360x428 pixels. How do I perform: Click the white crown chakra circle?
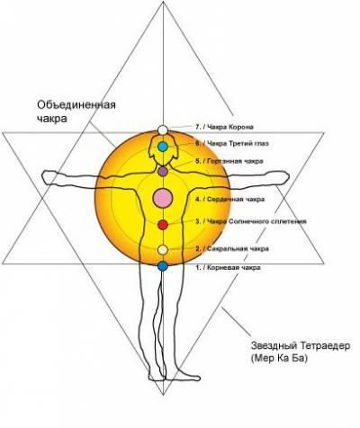pyautogui.click(x=163, y=129)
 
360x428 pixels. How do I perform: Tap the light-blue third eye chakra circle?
pyautogui.click(x=163, y=147)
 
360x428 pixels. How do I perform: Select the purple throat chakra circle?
pyautogui.click(x=163, y=172)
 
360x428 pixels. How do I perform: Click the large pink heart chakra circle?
pyautogui.click(x=163, y=198)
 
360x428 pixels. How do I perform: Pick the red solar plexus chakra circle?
pyautogui.click(x=163, y=225)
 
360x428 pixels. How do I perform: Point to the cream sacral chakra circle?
pyautogui.click(x=163, y=250)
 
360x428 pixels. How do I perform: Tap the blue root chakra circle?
pyautogui.click(x=163, y=266)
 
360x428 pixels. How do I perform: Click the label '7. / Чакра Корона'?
pyautogui.click(x=224, y=127)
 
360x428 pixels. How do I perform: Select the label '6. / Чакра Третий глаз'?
pyautogui.click(x=232, y=144)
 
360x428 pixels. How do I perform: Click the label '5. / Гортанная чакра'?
pyautogui.click(x=229, y=161)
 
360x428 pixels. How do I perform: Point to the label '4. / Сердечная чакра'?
pyautogui.click(x=230, y=200)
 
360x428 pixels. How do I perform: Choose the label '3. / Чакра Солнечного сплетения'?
pyautogui.click(x=251, y=221)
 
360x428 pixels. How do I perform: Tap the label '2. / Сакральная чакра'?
pyautogui.click(x=232, y=249)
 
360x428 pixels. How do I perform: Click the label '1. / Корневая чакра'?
pyautogui.click(x=228, y=268)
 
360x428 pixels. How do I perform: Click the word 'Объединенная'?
pyautogui.click(x=76, y=105)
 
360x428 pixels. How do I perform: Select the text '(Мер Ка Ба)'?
pyautogui.click(x=279, y=359)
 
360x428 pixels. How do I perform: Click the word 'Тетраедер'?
pyautogui.click(x=324, y=346)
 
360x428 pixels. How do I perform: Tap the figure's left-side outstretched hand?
pyautogui.click(x=49, y=178)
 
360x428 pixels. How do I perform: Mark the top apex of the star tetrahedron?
pyautogui.click(x=163, y=2)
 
